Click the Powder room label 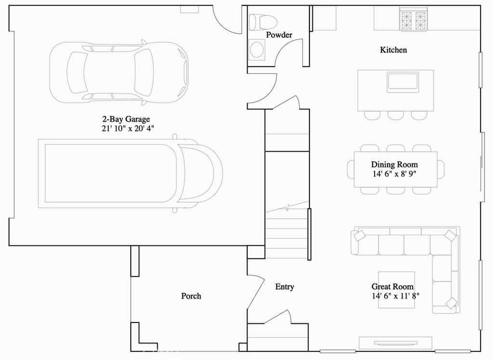279,35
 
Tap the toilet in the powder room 263,22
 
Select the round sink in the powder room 257,50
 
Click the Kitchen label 393,50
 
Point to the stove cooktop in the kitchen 414,20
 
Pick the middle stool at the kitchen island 396,115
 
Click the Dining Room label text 394,165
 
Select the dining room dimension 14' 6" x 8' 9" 394,174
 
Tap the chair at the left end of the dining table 350,169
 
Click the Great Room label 392,286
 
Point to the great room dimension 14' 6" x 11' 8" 396,296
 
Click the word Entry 285,286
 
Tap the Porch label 191,296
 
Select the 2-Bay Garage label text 126,119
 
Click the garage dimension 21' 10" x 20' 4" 128,129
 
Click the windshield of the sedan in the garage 144,72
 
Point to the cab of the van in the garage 200,173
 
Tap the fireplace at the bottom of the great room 396,343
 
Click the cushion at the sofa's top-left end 359,235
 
